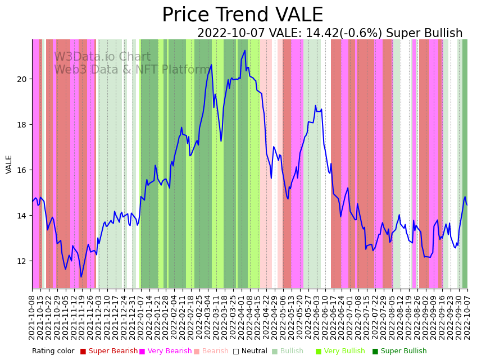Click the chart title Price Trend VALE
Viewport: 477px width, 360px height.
coord(242,15)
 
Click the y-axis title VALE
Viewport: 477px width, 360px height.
coord(9,164)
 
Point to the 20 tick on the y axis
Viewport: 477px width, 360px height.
coord(22,79)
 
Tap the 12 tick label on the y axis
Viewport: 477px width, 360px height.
coord(22,261)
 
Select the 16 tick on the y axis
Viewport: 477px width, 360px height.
coord(22,170)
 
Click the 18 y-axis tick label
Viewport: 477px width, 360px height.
coord(22,125)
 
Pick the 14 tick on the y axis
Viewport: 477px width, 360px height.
coord(22,216)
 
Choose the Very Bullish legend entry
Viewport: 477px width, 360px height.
coord(344,352)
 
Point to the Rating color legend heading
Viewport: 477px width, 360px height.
coord(53,352)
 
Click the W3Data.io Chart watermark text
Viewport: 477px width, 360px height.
coord(102,57)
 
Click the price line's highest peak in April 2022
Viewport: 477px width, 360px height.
coord(245,51)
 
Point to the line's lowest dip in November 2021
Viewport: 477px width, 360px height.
coord(81,277)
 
